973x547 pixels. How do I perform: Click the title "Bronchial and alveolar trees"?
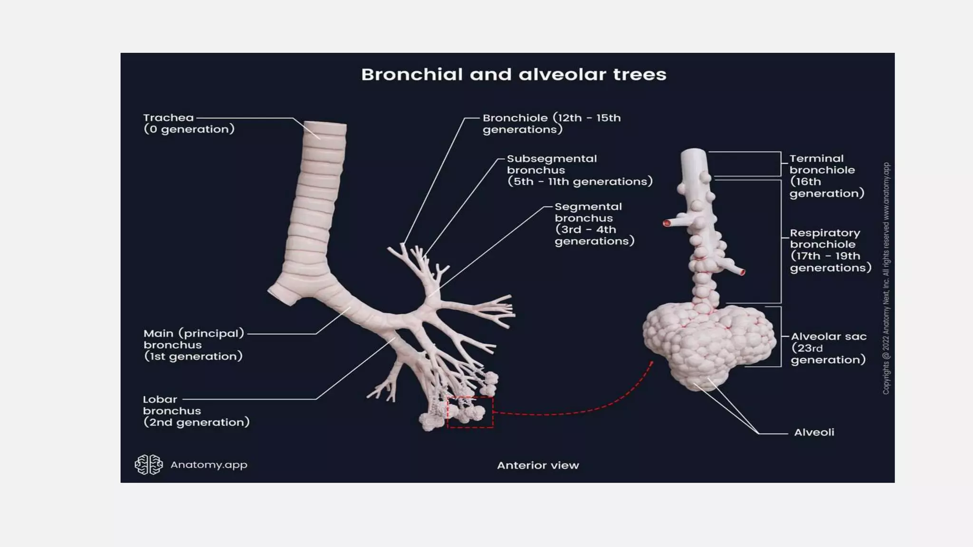coord(514,75)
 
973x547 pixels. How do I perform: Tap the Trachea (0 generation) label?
coord(189,123)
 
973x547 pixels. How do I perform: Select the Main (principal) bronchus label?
coord(194,345)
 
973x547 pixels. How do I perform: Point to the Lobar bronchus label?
coord(196,411)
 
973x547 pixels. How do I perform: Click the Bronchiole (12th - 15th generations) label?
coord(552,123)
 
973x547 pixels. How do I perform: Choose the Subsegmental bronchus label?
coord(580,170)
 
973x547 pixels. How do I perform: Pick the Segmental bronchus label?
coord(594,224)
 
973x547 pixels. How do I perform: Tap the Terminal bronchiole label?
coord(827,176)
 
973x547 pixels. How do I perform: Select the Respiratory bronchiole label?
coord(830,250)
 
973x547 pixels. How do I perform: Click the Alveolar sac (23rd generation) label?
coord(829,348)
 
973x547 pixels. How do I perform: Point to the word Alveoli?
coord(814,432)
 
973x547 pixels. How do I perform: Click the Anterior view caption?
coord(538,465)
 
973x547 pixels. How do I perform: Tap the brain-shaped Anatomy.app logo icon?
coord(149,464)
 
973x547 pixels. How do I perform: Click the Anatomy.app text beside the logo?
coord(209,465)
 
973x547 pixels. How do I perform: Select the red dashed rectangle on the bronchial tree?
coord(470,397)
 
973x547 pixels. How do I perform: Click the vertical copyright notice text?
coord(886,278)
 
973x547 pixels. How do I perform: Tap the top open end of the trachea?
coord(325,124)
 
